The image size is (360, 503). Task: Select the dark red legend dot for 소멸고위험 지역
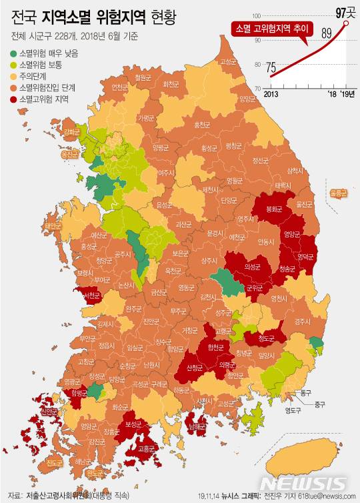tap(13, 99)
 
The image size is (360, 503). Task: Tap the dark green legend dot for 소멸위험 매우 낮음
tap(13, 54)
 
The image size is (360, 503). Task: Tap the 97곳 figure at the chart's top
tap(345, 11)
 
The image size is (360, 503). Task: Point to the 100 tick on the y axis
tap(255, 15)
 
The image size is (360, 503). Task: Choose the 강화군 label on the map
tap(71, 132)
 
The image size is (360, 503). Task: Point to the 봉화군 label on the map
tap(275, 208)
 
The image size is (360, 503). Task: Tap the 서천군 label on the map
tap(90, 294)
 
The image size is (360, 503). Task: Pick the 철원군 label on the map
tap(143, 77)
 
